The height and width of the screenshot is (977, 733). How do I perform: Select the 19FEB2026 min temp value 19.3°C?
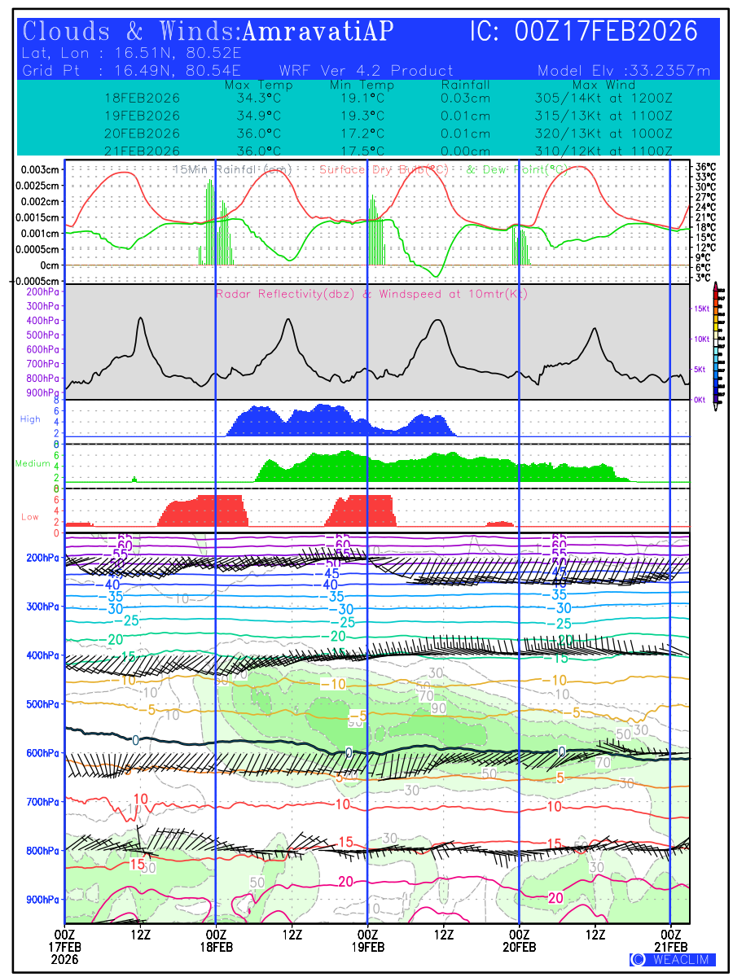(362, 116)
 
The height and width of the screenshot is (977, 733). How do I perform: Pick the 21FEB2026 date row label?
(143, 151)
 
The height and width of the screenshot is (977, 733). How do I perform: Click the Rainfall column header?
(465, 85)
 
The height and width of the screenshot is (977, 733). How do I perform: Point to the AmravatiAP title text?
(318, 32)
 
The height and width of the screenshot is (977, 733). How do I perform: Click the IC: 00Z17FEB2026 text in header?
(584, 32)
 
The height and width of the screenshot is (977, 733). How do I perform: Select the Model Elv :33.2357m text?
(624, 71)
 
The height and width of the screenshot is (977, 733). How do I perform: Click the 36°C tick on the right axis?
(705, 166)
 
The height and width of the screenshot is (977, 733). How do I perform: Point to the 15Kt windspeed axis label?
(700, 309)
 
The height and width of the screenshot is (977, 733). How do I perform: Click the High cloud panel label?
(30, 419)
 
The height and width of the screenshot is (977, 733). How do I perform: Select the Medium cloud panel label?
(33, 464)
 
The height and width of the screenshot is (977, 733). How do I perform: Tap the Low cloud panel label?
(30, 516)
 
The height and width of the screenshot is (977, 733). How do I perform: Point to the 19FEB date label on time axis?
(367, 948)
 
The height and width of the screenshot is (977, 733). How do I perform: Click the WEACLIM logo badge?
(673, 959)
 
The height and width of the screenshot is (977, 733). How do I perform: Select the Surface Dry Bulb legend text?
(384, 169)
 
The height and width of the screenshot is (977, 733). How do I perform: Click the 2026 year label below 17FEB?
(64, 960)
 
